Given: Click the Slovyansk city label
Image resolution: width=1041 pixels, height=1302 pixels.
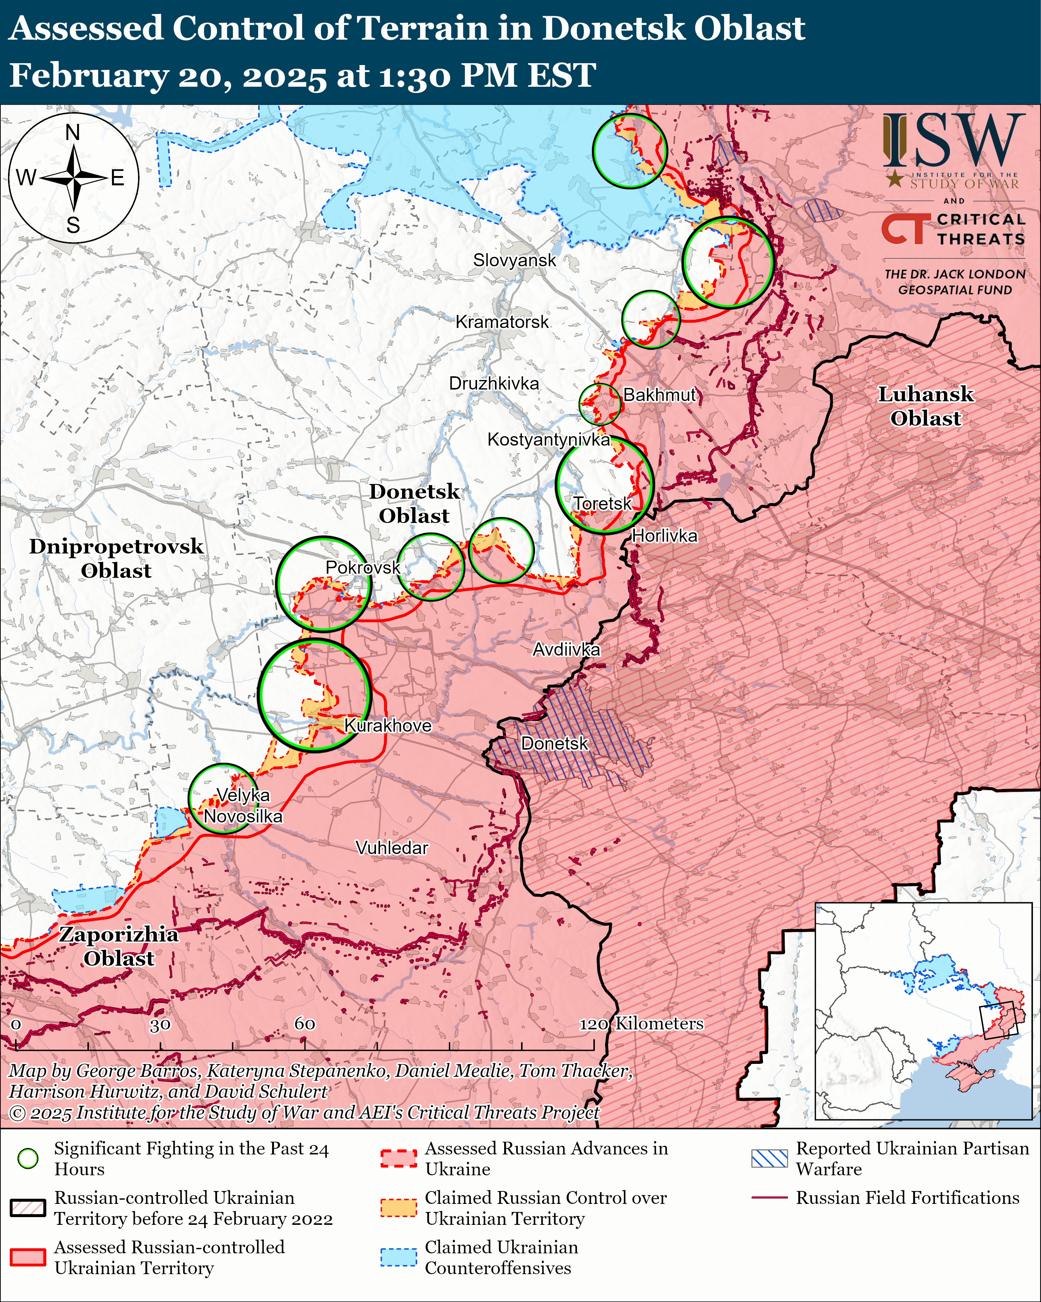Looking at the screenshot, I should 514,260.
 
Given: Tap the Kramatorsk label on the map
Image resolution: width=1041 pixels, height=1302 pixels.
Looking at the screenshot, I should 502,322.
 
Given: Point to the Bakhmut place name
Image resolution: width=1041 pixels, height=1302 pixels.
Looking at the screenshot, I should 659,395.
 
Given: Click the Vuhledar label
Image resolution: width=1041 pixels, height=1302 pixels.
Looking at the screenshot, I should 392,848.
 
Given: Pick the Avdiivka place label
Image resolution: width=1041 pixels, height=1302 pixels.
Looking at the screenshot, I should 566,649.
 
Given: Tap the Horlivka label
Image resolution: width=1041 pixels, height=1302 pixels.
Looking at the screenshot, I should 664,536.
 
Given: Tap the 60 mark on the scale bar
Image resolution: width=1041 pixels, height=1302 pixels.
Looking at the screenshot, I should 305,1023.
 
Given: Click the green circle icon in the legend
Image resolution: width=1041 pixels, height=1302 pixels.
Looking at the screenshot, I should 28,1158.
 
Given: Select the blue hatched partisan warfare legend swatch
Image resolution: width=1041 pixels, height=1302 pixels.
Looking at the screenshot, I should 769,1158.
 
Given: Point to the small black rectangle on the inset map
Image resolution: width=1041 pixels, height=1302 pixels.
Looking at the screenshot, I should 999,1021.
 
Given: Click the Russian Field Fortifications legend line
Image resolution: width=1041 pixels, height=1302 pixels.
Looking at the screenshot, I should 769,1198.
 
